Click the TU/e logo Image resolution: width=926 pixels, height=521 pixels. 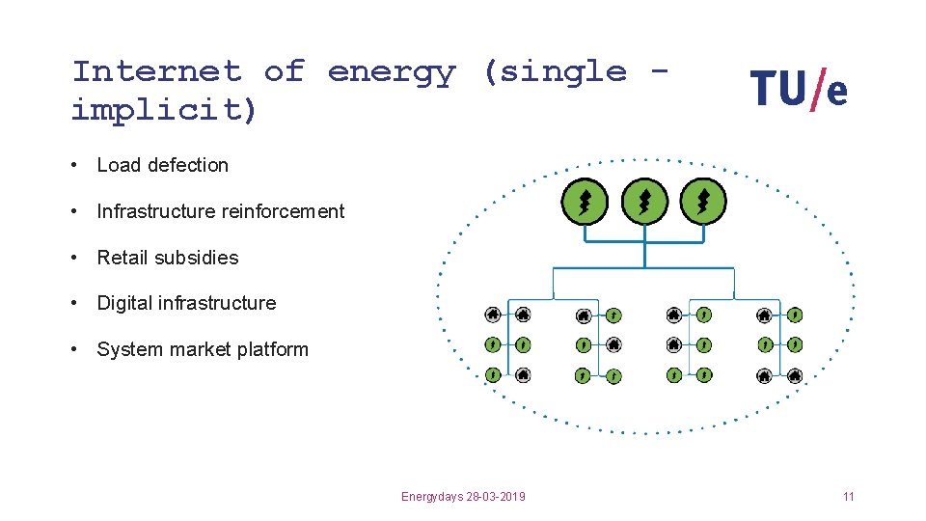(799, 91)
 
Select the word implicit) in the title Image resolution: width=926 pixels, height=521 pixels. (165, 111)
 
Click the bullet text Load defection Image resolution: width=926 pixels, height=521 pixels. (162, 165)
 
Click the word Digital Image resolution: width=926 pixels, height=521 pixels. (124, 303)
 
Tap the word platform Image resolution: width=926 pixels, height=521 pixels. (271, 349)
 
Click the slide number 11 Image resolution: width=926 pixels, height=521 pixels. (848, 497)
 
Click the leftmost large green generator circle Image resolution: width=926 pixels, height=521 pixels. (585, 203)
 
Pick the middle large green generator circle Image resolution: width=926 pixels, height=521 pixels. (644, 203)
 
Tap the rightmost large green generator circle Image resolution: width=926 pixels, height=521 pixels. (703, 203)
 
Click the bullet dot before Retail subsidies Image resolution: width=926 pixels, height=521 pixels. (74, 258)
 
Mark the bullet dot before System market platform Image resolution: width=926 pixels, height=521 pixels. (74, 349)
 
